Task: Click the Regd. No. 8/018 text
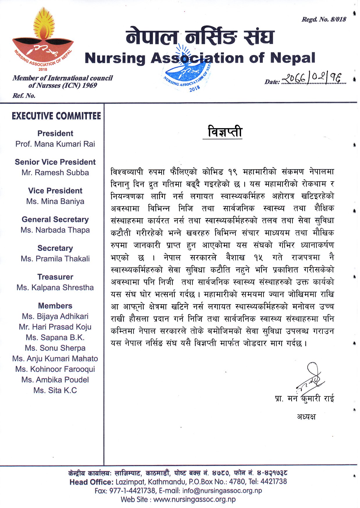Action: tap(324, 19)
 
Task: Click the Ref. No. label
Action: tap(24, 96)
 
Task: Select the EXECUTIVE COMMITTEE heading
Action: tap(56, 116)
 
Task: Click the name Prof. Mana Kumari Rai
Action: tap(55, 144)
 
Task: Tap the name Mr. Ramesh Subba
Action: tap(55, 173)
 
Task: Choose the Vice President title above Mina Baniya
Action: tap(55, 191)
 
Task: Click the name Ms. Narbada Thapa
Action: tap(55, 230)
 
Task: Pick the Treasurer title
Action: tap(55, 277)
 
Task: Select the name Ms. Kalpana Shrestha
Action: tap(55, 288)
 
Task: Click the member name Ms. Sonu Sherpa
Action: tap(55, 348)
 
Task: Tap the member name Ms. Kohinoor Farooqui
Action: tap(55, 369)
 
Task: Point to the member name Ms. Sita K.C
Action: tap(55, 391)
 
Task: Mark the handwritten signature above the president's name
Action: tap(310, 378)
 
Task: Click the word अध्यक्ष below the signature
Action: tap(306, 417)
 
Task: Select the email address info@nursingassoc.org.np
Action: tap(222, 491)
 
